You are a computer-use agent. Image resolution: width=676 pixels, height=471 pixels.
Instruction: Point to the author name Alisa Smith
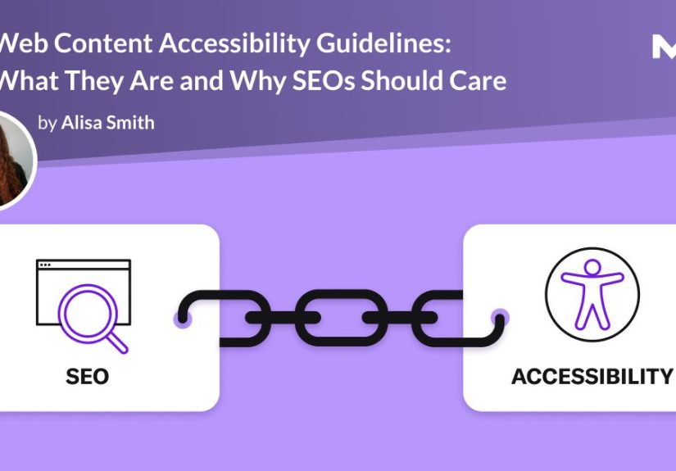(x=107, y=123)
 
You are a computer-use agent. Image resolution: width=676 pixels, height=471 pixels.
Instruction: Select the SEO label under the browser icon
(x=87, y=376)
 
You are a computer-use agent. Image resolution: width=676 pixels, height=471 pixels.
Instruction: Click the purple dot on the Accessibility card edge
(x=497, y=317)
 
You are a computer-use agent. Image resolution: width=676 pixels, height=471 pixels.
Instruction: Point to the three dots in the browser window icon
(x=46, y=265)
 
